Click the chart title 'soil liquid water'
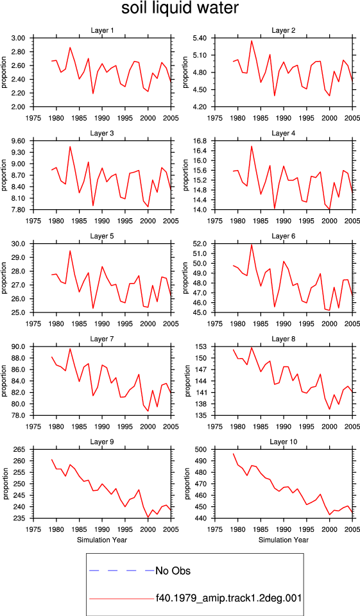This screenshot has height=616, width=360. tap(180, 8)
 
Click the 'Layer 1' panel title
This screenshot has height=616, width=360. tap(102, 30)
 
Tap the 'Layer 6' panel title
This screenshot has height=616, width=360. tap(284, 236)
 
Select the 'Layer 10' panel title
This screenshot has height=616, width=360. tap(284, 442)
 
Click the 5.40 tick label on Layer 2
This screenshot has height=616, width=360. tap(200, 38)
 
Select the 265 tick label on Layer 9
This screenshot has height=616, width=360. tap(20, 449)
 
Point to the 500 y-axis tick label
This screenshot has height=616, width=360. tap(201, 449)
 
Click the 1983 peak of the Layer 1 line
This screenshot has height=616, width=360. tap(70, 47)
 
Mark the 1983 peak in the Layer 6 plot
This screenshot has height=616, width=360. tap(252, 244)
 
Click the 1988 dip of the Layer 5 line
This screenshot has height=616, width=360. tap(93, 308)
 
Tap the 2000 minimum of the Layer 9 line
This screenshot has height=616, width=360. tap(148, 517)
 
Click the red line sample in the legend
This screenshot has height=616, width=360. tap(122, 599)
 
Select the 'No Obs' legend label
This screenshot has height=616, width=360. tap(173, 570)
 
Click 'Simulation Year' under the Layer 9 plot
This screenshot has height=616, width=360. tap(102, 540)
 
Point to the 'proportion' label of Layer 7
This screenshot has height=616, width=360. tap(4, 381)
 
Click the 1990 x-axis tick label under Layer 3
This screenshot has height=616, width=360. tap(102, 221)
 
